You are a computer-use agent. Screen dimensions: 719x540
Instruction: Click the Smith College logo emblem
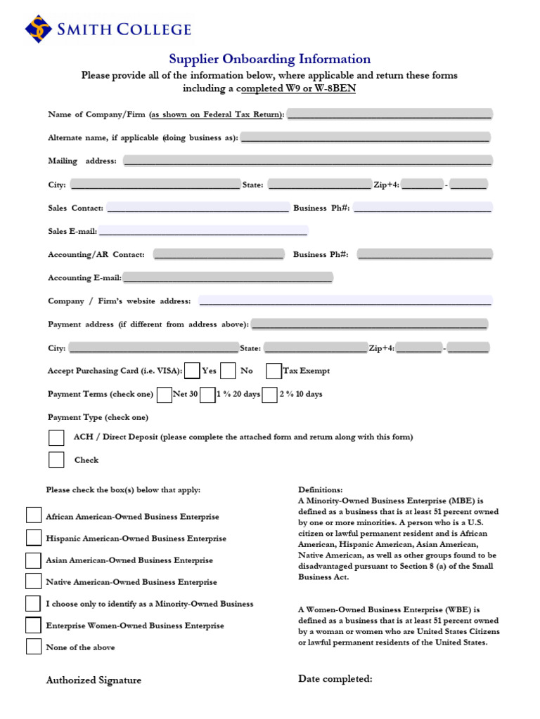coord(39,29)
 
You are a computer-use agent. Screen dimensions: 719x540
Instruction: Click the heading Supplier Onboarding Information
coord(269,60)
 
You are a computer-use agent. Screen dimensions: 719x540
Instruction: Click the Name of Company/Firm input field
coord(390,114)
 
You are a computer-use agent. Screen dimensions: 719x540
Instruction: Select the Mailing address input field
coord(307,161)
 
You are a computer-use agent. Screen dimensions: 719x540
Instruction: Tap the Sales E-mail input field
coord(202,230)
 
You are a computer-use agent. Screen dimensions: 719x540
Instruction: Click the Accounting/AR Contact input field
coord(219,254)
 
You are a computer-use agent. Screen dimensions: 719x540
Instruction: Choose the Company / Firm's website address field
coord(345,301)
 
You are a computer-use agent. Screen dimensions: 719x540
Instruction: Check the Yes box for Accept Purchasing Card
coord(192,371)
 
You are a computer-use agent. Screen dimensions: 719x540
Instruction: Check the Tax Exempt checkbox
coord(274,371)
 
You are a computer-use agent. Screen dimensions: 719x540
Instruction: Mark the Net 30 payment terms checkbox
coord(164,395)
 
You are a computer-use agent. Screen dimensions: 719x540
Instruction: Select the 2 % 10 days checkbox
coord(269,395)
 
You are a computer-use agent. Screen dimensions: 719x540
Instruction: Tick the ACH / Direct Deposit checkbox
coord(56,437)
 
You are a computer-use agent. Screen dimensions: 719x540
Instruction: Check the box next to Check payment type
coord(56,460)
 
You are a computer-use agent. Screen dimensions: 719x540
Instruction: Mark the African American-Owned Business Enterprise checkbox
coord(34,515)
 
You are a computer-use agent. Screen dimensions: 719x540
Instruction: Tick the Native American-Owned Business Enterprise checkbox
coord(34,581)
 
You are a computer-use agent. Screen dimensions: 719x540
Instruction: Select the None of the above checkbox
coord(34,646)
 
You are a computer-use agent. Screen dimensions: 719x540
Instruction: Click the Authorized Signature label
coord(94,680)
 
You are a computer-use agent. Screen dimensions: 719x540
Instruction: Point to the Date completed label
coord(335,678)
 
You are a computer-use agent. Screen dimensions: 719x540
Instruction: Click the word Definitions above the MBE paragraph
coord(320,489)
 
